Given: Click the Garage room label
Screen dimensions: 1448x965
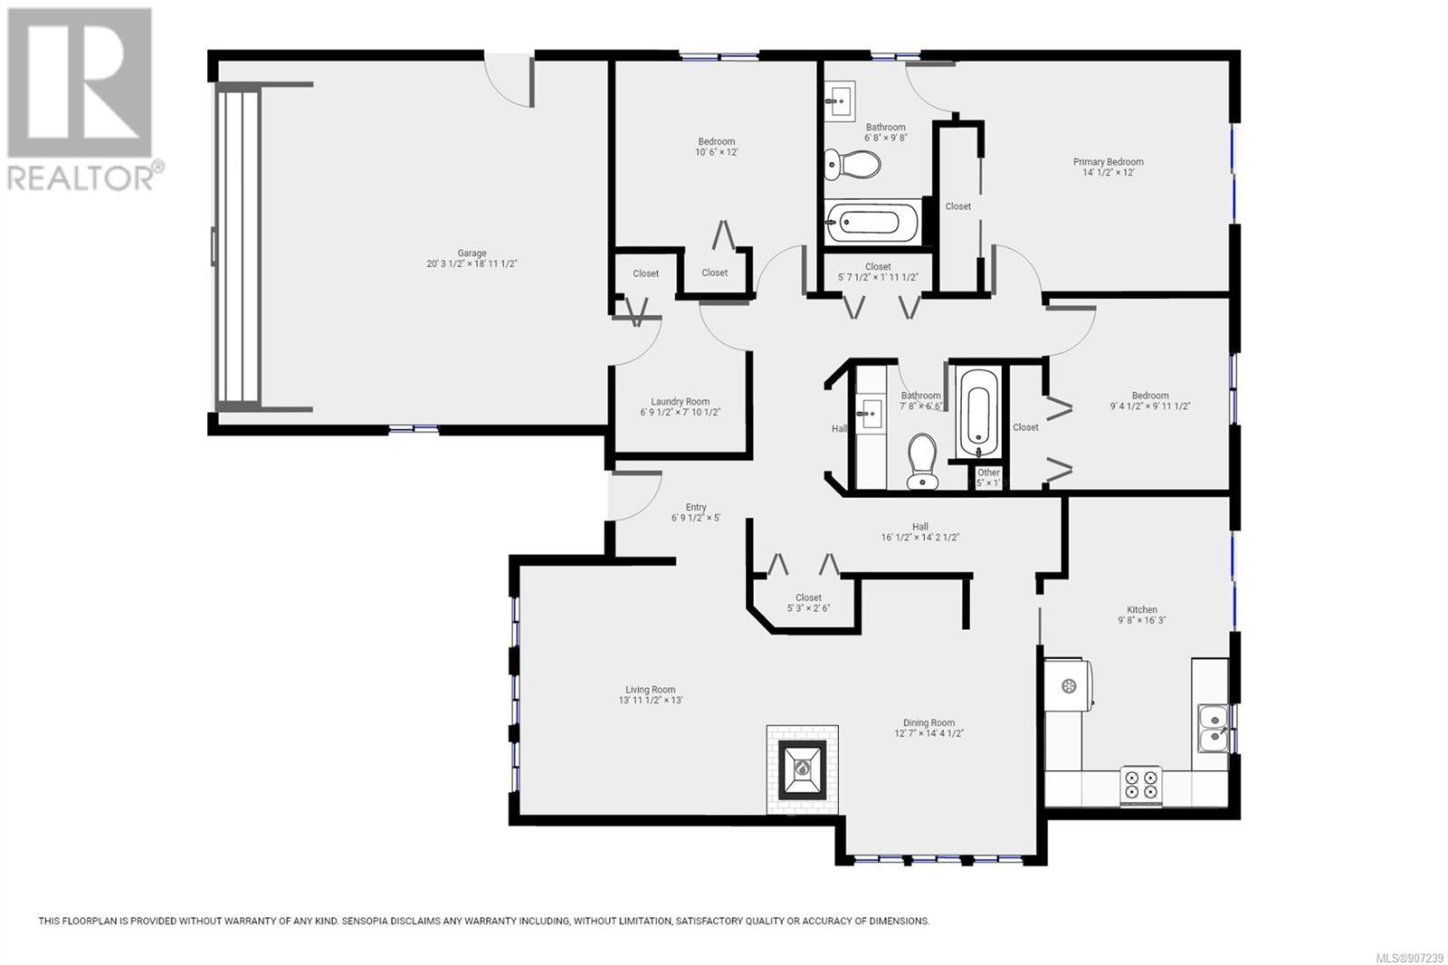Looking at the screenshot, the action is click(472, 253).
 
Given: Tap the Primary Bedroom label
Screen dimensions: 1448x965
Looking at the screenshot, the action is click(1108, 162).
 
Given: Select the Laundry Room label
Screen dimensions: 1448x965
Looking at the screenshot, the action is click(680, 402).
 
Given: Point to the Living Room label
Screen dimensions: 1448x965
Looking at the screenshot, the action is click(651, 690).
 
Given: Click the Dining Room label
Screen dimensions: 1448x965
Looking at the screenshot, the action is click(929, 722).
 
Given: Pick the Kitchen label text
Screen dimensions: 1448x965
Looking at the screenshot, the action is click(1142, 609).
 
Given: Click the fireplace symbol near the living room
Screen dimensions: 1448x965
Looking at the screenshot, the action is click(802, 769).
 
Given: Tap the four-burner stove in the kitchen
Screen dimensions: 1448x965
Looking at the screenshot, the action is click(1141, 786).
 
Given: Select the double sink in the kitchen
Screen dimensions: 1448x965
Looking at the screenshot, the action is click(1214, 729).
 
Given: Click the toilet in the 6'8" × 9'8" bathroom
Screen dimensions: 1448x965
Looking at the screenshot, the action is click(853, 164).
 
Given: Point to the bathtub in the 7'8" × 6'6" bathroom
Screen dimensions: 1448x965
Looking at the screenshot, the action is click(978, 414).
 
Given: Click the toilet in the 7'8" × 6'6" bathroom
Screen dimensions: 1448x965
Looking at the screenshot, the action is click(922, 461).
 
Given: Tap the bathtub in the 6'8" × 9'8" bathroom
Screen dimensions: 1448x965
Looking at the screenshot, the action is click(873, 222).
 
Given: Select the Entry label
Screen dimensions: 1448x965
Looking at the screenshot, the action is click(696, 507).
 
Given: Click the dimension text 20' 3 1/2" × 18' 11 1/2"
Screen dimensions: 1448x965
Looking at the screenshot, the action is click(472, 264).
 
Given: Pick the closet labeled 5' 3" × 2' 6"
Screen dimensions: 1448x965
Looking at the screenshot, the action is click(809, 602).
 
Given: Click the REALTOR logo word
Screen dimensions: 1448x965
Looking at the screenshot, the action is click(81, 177).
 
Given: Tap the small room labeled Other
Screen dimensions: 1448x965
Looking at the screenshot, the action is click(987, 477).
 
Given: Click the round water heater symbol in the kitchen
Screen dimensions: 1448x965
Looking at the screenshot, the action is click(1069, 685).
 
